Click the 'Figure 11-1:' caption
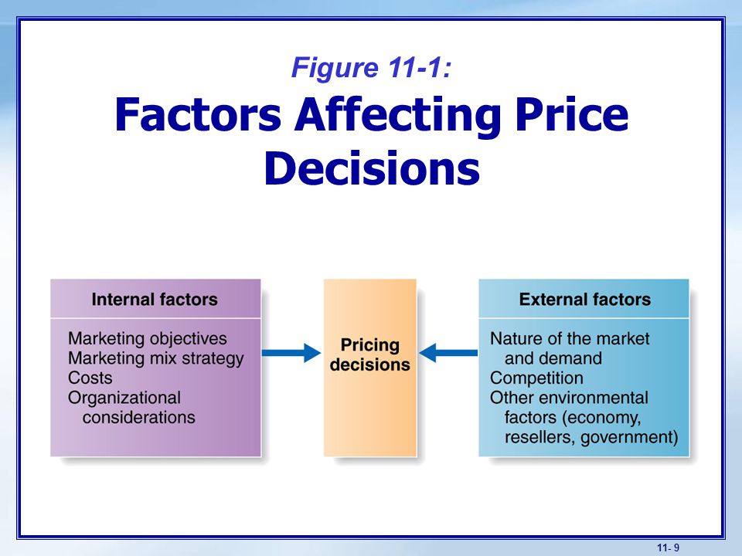point(372,67)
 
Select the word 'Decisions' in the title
point(372,168)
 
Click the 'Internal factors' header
point(155,300)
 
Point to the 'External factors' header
point(585,300)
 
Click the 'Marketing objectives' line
point(147,338)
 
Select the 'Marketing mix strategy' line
point(155,358)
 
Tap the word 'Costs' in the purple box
point(90,378)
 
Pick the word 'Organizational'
point(124,398)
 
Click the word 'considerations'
point(138,418)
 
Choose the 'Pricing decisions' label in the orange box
point(370,354)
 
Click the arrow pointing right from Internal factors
point(291,353)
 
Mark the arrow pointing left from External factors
point(448,353)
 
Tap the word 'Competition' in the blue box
point(536,378)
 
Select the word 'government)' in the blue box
point(629,437)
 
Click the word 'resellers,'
point(540,437)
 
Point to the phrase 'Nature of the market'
point(570,338)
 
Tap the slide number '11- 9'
point(668,548)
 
